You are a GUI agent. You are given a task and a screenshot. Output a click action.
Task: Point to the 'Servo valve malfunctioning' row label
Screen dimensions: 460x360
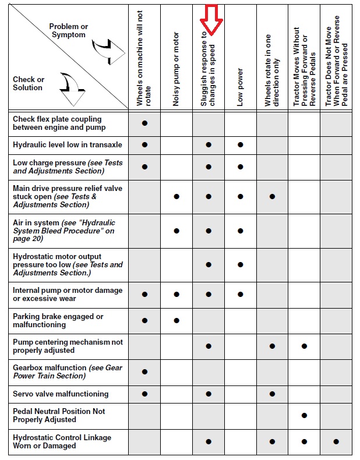[61, 394]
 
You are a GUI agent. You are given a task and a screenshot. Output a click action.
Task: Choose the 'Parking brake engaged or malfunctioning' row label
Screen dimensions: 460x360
[58, 321]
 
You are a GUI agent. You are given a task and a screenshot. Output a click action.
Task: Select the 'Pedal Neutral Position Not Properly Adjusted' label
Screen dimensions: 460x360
[52, 415]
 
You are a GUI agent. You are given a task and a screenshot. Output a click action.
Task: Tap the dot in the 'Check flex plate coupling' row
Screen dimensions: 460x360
[144, 123]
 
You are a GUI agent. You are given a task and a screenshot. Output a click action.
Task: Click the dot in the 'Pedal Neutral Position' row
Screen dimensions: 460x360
[304, 415]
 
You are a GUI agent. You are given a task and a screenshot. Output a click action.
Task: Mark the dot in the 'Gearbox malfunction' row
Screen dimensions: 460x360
[144, 371]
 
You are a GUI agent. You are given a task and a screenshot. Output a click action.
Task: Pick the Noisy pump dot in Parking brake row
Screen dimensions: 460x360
[177, 320]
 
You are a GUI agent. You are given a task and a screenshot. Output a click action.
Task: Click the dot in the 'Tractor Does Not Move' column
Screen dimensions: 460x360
[336, 442]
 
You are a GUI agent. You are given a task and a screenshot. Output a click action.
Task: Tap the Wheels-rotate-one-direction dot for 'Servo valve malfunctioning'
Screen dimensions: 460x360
[272, 394]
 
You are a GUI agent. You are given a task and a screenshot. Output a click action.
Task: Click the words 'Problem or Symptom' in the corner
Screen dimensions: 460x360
[68, 31]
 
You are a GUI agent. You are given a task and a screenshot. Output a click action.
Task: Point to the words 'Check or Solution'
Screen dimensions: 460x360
[29, 84]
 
